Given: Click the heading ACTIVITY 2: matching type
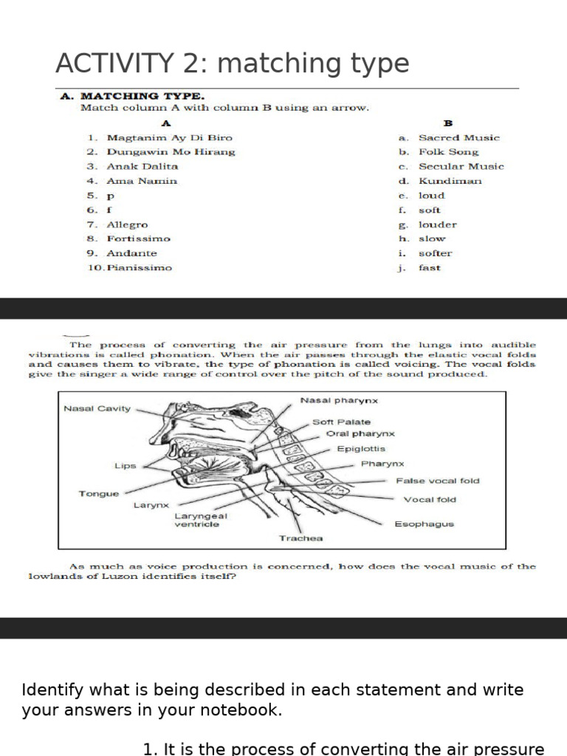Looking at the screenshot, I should coord(232,64).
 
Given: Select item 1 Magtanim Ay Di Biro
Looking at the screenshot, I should coord(169,137).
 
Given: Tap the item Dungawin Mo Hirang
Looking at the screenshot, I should coord(171,152).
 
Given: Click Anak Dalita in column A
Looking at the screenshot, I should coord(142,166).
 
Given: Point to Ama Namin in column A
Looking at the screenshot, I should coord(142,181).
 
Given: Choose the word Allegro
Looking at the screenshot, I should coord(127,224).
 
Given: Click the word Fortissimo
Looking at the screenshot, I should coord(138,238).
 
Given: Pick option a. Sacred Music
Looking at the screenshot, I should coord(458,137).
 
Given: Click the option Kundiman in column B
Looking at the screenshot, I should coord(450,181).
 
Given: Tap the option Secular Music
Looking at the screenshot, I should coord(461,166).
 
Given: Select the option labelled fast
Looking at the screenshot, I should coord(429,268).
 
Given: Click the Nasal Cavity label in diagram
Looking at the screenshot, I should coord(97,408).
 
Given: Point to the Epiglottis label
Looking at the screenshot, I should coord(361,449).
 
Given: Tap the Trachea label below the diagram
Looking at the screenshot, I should coord(300,538).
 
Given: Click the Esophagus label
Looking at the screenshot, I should coord(424,524).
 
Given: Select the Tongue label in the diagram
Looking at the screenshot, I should coord(98,493).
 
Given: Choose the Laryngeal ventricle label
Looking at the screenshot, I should coord(201,520).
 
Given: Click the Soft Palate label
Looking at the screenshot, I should coord(341,422).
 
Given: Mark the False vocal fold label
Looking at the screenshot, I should coord(437,481).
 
